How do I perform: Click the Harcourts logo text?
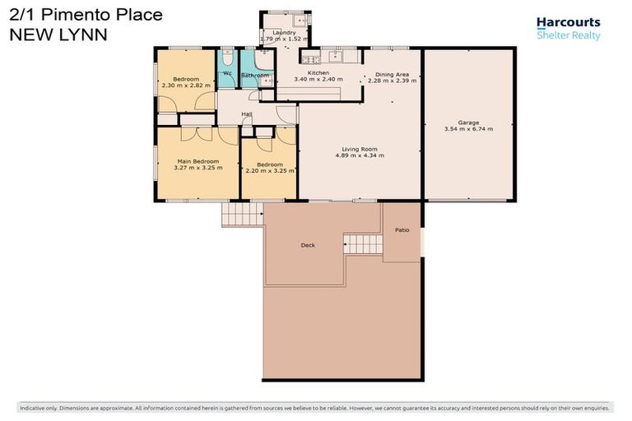(568, 23)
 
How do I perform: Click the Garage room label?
(468, 123)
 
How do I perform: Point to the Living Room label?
(360, 149)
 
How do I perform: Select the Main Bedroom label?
(197, 161)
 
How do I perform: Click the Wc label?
(227, 73)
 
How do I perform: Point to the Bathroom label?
(255, 76)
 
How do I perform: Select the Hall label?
(246, 114)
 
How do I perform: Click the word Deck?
(308, 245)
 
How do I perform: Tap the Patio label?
(402, 230)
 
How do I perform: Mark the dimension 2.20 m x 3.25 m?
(269, 171)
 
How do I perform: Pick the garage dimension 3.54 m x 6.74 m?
(468, 129)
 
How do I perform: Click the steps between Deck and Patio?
(363, 243)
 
